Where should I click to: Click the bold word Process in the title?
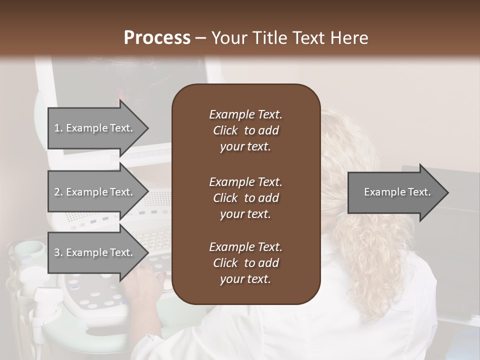click(157, 38)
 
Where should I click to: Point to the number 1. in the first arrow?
click(58, 128)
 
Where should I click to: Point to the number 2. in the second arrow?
click(58, 192)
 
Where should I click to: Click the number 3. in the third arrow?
click(58, 252)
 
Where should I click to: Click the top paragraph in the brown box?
click(245, 130)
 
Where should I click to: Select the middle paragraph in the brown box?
click(245, 197)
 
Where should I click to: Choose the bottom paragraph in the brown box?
click(245, 263)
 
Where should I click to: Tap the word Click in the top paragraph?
click(225, 130)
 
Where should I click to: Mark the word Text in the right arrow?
click(420, 192)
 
